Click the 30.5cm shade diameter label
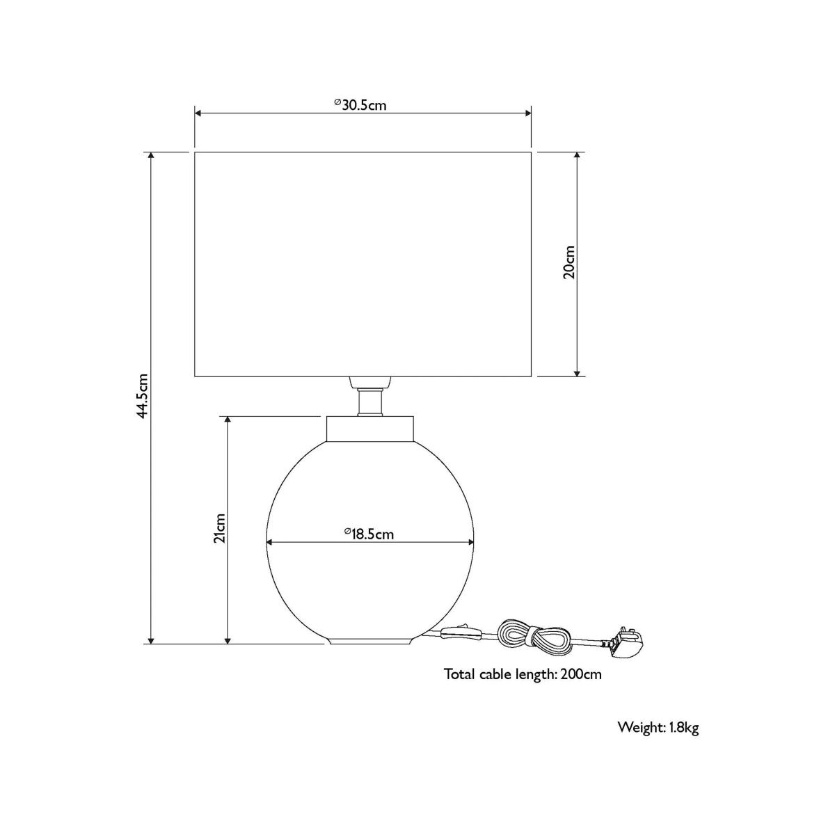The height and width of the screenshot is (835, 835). pos(360,105)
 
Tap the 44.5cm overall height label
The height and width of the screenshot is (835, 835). pos(143,395)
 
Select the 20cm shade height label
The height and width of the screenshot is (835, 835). pos(569,262)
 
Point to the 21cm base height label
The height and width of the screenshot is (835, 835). pos(220,527)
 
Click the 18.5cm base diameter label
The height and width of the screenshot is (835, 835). pos(369,534)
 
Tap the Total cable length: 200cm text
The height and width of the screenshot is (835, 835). pos(523,674)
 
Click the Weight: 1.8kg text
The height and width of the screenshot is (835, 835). pos(658,728)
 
